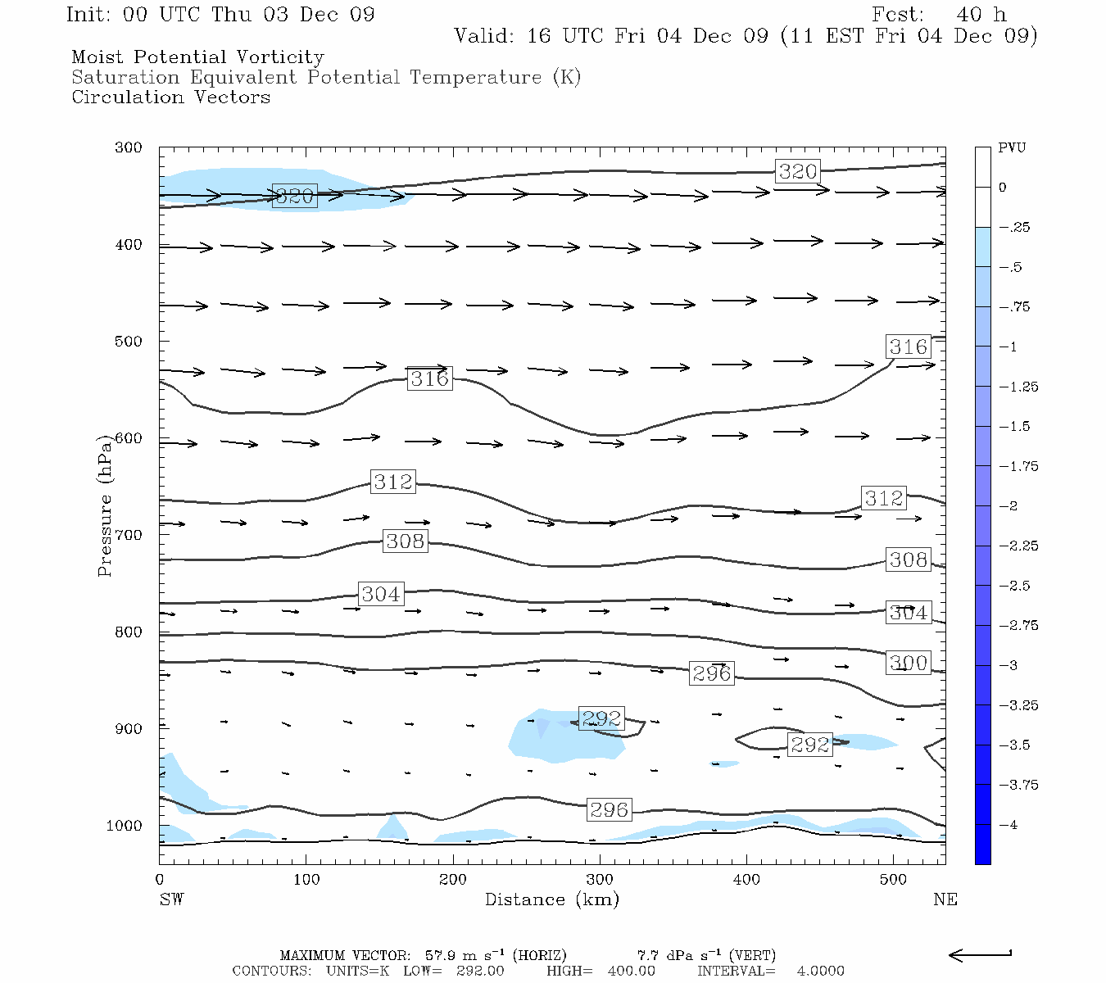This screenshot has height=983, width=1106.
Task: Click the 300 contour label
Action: coord(909,663)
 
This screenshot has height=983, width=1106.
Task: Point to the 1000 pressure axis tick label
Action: coord(125,826)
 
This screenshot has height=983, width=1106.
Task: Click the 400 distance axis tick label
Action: coord(746,880)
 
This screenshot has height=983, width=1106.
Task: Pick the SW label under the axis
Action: coord(171,899)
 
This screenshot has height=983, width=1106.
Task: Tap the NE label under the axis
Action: coord(945,899)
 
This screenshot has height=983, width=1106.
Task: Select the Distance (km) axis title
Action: coord(551,899)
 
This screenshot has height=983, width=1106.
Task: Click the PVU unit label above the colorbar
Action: coord(1012,147)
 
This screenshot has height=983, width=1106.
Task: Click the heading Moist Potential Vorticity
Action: coord(197,57)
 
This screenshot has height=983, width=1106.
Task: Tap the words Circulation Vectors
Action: coord(170,97)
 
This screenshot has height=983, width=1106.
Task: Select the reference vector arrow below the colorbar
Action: coord(980,954)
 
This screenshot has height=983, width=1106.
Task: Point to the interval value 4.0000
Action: coord(820,971)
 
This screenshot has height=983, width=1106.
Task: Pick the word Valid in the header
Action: coord(484,36)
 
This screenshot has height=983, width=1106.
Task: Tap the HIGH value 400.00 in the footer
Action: coord(631,971)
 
